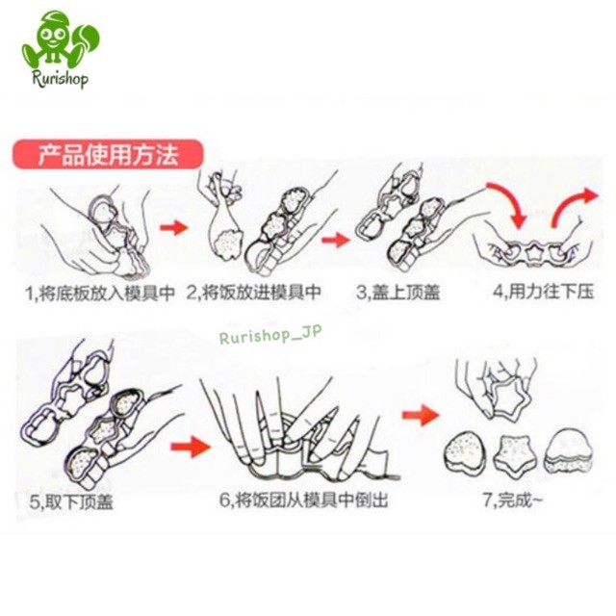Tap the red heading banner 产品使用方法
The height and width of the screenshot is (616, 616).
click(108, 154)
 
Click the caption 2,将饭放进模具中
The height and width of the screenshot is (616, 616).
click(254, 291)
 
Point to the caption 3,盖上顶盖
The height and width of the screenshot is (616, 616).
click(398, 291)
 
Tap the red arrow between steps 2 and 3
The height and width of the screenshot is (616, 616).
click(334, 238)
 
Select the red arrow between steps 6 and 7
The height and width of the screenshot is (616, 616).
click(416, 418)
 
